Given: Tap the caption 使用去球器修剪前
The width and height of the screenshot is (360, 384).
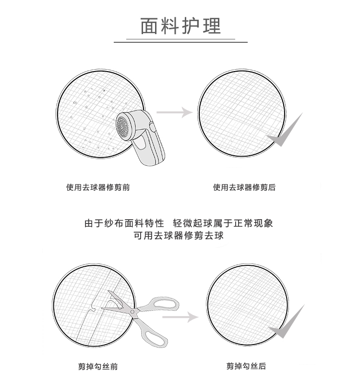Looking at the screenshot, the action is pyautogui.click(x=98, y=187).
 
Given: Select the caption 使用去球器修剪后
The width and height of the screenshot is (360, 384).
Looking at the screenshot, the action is pyautogui.click(x=244, y=187).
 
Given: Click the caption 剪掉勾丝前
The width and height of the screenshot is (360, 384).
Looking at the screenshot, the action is pyautogui.click(x=97, y=367).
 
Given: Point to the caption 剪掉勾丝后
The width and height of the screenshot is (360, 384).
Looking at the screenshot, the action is pyautogui.click(x=246, y=366).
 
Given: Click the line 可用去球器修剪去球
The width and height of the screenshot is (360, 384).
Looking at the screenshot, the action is pyautogui.click(x=179, y=236).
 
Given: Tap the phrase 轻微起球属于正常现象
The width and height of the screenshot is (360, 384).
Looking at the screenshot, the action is pyautogui.click(x=227, y=223).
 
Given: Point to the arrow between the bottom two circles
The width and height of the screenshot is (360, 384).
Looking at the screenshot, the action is pyautogui.click(x=186, y=317).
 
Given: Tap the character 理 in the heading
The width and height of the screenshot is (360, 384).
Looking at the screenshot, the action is pyautogui.click(x=211, y=25).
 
